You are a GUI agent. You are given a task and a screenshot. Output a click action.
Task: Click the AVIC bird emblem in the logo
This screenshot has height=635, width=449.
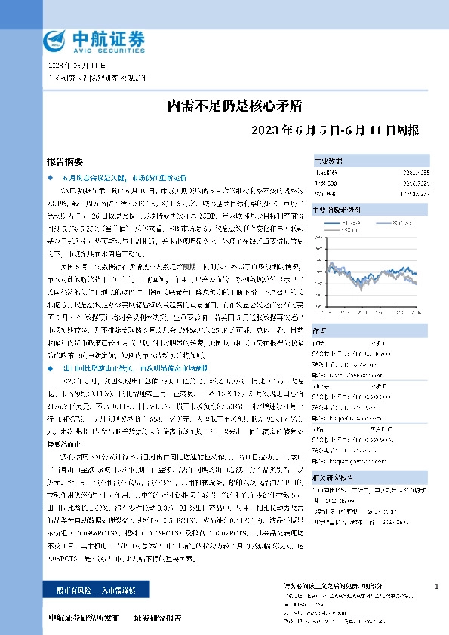[56, 39]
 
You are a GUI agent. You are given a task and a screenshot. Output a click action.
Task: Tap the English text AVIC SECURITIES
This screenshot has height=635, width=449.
[98, 48]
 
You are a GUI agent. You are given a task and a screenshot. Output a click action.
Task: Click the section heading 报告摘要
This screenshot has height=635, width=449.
[65, 162]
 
